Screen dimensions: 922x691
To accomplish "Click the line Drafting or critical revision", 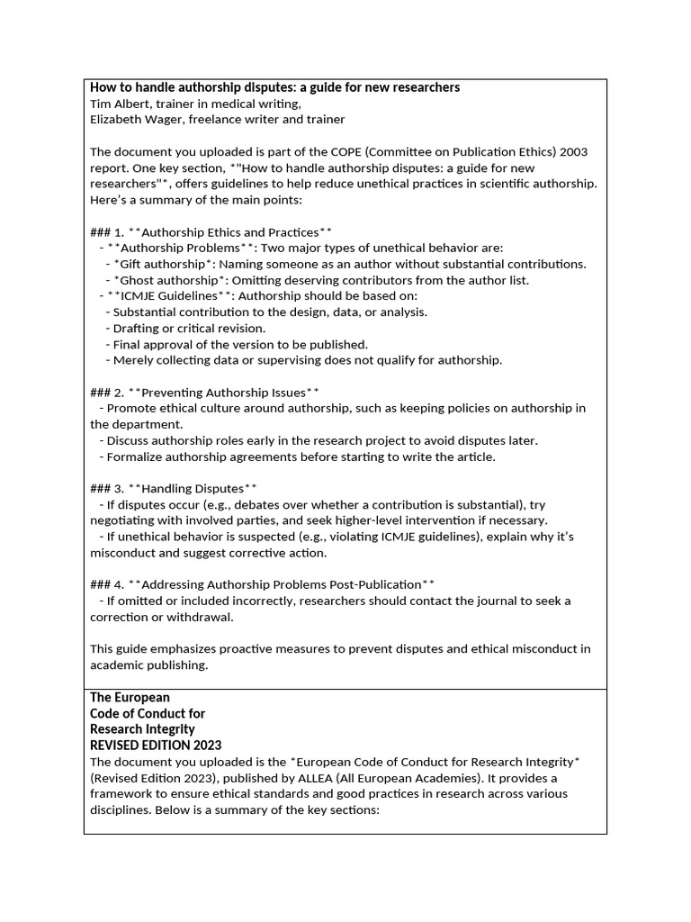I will (x=190, y=328).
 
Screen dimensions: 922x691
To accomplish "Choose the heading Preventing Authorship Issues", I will (x=223, y=393).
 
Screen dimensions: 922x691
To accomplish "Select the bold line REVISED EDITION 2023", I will (x=156, y=746).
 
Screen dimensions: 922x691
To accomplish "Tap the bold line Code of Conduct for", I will (x=148, y=713).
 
